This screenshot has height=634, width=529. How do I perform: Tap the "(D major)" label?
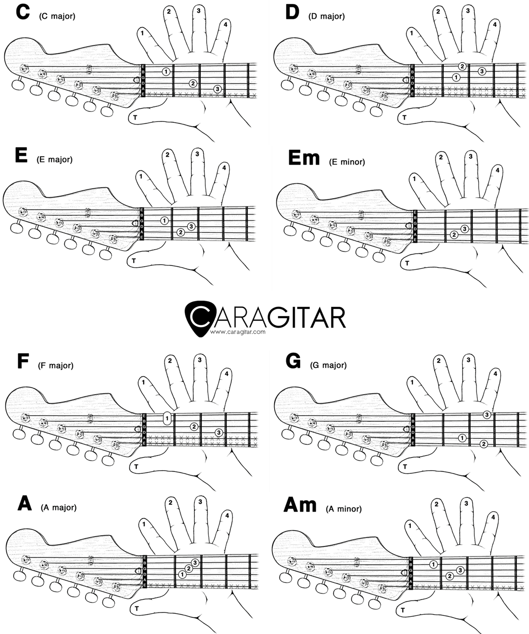pos(326,16)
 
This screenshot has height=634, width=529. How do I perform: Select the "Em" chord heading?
pos(303,158)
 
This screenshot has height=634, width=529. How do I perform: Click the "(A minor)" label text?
pos(344,509)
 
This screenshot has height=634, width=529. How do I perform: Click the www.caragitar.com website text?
pos(238,332)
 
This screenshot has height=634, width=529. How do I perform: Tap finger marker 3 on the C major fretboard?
pos(217,89)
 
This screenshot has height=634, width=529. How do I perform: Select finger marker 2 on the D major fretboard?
pos(462,66)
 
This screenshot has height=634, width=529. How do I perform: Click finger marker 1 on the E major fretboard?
pos(164,220)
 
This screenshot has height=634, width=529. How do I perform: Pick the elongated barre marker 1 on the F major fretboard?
pos(167,417)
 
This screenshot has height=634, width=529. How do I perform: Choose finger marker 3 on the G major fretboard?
pos(486,414)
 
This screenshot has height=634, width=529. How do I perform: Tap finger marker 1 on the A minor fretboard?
pos(433,564)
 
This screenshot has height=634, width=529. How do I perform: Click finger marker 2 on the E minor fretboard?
pos(454,235)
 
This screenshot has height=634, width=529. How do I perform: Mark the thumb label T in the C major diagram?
pos(134,117)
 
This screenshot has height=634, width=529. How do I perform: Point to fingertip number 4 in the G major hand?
pos(495,374)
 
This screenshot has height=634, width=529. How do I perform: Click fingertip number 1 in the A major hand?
pos(144,523)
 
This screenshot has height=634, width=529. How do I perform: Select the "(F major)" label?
pos(56,365)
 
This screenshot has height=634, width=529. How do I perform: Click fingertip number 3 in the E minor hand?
pos(471,156)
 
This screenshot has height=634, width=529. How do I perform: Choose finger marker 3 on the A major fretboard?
pos(195,563)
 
